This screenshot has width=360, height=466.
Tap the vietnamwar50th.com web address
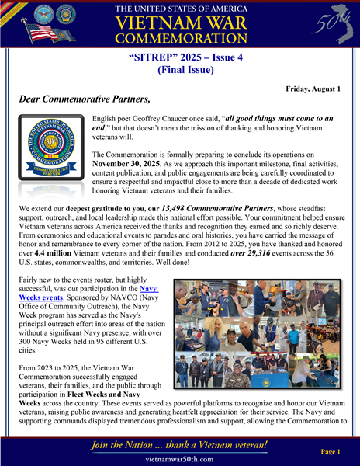coord(179,458)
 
